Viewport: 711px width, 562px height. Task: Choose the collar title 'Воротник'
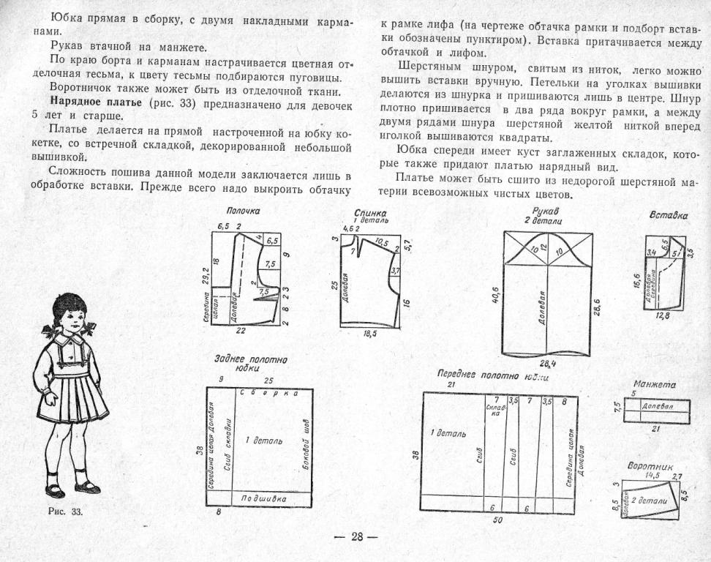point(650,465)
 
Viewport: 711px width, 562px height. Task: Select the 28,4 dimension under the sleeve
point(548,364)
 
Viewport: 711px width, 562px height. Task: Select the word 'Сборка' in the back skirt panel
point(269,392)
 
